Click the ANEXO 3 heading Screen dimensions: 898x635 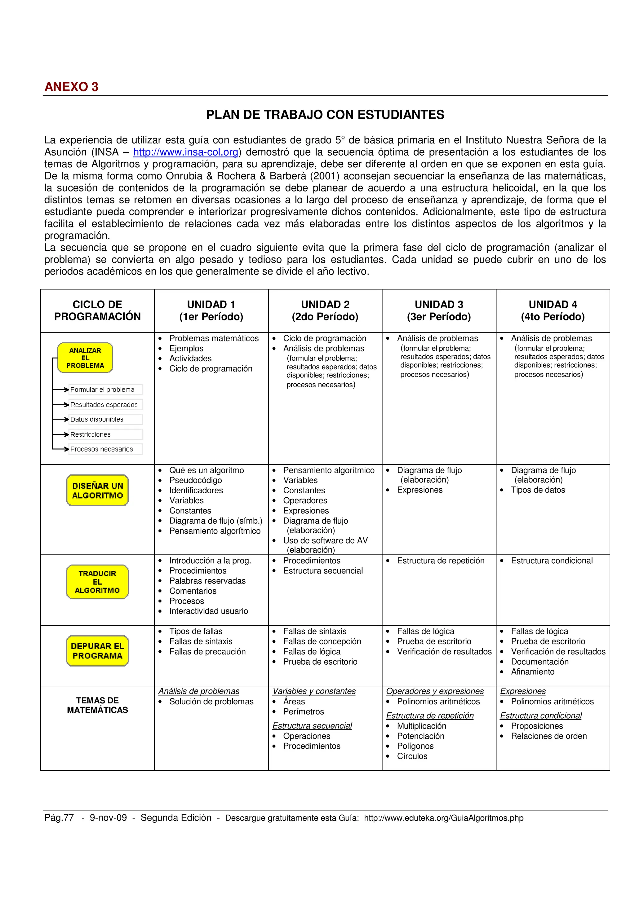pos(71,87)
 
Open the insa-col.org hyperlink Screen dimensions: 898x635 pos(186,152)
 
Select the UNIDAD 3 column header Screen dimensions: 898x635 pos(439,310)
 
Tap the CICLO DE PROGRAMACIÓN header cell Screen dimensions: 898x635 pos(97,310)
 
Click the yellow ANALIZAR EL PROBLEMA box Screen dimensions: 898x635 pos(85,358)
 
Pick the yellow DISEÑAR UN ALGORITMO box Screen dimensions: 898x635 pos(97,491)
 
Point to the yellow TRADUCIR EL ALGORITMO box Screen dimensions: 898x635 pos(97,582)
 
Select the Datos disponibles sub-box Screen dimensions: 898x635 pos(105,419)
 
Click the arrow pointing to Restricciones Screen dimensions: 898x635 pos(61,434)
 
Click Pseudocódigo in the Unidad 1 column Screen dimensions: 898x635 pos(195,480)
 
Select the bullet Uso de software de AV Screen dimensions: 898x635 pos(325,540)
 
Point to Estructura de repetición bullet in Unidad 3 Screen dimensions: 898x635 pos(441,561)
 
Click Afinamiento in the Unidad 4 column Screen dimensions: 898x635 pos(532,671)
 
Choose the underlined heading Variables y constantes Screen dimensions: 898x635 pos(314,691)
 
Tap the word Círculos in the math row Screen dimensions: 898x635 pos(412,756)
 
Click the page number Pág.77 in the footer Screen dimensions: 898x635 pos(59,817)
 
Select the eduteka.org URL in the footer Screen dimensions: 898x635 pos(443,818)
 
